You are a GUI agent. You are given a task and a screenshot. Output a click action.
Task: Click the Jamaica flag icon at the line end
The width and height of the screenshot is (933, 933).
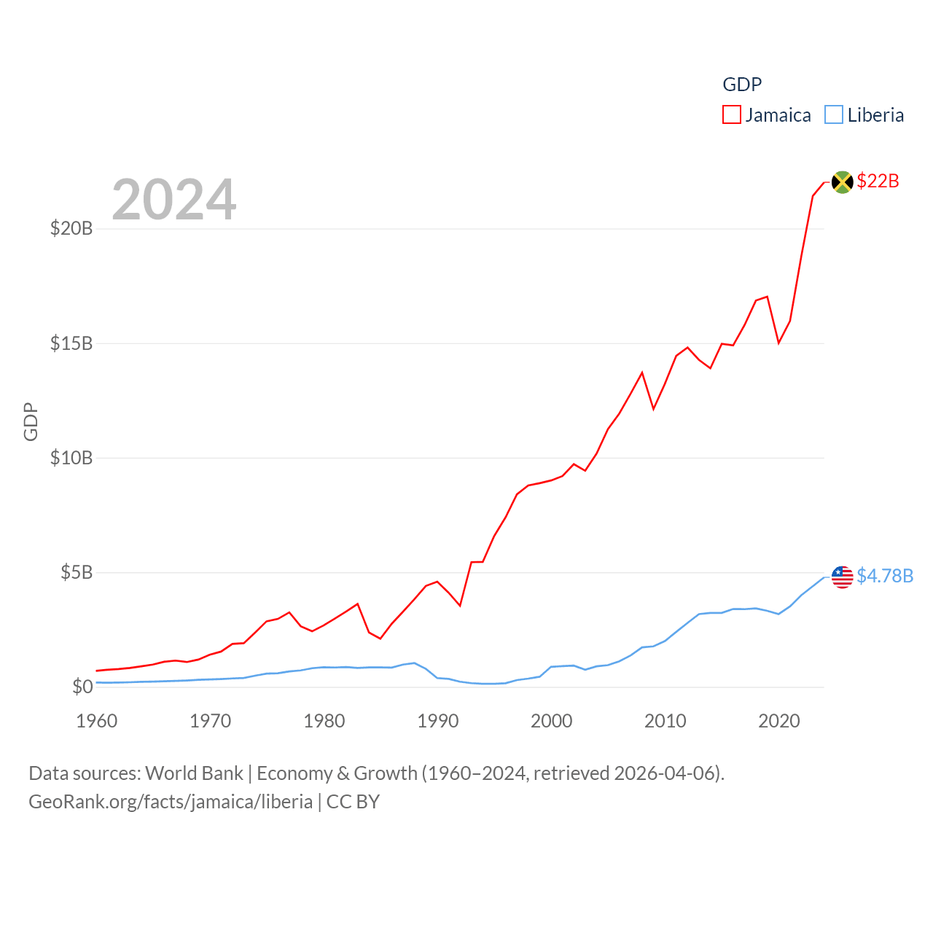pos(842,181)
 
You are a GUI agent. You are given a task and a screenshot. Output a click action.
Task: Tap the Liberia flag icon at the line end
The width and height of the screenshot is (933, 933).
pos(842,577)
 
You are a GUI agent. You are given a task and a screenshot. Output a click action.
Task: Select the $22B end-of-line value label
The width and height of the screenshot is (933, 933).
pos(878,181)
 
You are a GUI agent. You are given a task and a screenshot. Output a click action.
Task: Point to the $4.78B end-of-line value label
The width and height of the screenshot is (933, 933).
pos(885,576)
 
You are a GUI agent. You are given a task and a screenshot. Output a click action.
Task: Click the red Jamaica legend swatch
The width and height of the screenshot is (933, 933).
pos(732,115)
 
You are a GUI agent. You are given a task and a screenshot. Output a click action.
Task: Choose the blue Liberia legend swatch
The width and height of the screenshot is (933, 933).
pos(834,115)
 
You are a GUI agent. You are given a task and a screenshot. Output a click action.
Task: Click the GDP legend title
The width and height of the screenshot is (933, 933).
pos(742,85)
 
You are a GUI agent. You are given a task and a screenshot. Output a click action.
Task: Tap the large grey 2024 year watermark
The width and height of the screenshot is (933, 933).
pos(174,199)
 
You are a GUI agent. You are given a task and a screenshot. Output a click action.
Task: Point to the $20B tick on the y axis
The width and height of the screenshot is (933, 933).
pos(71,229)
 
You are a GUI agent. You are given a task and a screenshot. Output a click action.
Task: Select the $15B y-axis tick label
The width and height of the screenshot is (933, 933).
pos(71,343)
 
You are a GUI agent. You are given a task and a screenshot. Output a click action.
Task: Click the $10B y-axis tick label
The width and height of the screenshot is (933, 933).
pos(71,458)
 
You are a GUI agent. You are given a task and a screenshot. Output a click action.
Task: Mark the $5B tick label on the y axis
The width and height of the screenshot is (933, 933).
pos(77,572)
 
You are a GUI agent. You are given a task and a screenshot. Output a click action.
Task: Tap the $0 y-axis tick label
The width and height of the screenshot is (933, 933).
pos(82,687)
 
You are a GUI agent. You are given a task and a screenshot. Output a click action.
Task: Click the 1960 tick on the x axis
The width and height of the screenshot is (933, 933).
pos(97,721)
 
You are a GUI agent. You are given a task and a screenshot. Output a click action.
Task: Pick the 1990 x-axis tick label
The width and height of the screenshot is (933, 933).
pos(438,721)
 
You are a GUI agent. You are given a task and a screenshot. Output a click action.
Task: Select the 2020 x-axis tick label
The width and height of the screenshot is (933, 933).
pos(779,721)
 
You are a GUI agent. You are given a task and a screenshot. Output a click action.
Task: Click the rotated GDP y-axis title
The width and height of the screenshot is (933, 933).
pos(31,421)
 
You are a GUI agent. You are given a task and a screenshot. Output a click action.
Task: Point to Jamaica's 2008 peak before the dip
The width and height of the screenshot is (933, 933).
pos(642,372)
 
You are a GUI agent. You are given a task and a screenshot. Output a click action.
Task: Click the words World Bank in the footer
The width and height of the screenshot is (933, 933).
pos(194,773)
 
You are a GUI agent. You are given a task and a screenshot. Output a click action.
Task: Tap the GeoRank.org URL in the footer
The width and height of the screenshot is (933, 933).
pos(171,802)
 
